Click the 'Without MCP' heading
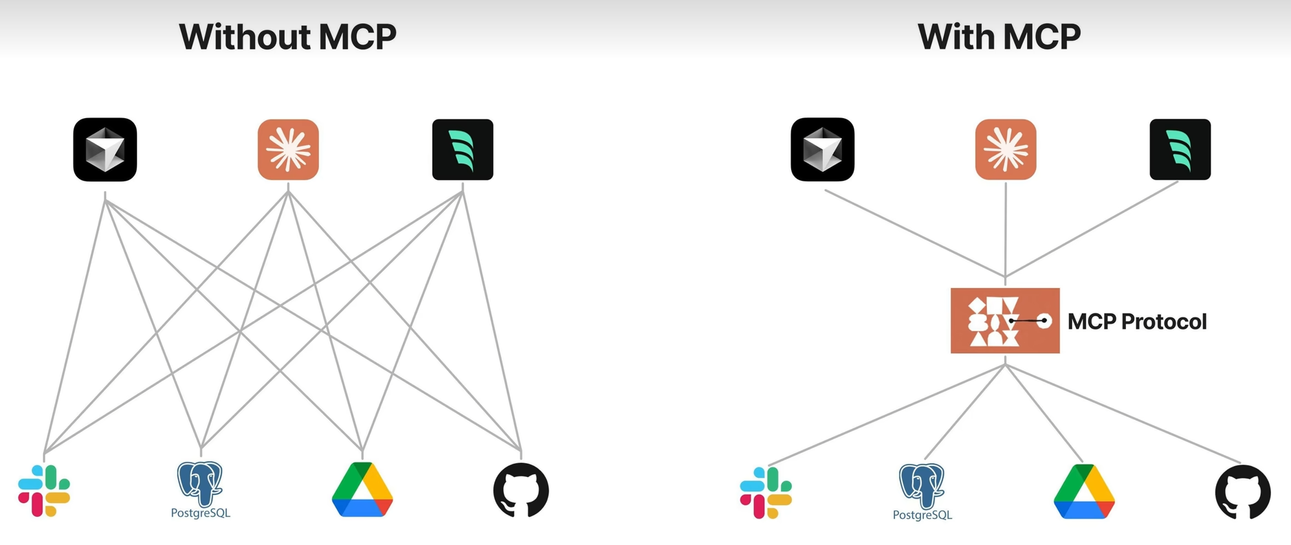coord(287,37)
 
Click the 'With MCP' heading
coord(999,37)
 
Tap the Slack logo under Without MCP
coord(44,491)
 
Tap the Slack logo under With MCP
coord(766,493)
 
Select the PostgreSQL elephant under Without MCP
coord(200,483)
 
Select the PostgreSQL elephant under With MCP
coord(922,485)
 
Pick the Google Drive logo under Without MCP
coord(362,489)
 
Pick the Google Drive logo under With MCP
coord(1084,491)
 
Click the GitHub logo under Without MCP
coord(521,490)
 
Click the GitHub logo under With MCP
coord(1243,492)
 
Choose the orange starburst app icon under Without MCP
coord(288,150)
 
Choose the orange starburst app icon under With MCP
coord(1006,150)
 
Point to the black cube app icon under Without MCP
coord(105,150)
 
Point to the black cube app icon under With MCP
coord(823,150)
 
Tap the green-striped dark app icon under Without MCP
coord(463,150)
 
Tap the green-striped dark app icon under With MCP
coord(1180,150)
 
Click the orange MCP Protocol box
coord(1005,321)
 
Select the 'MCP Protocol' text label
coord(1137,322)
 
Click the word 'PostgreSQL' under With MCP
coord(923,515)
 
